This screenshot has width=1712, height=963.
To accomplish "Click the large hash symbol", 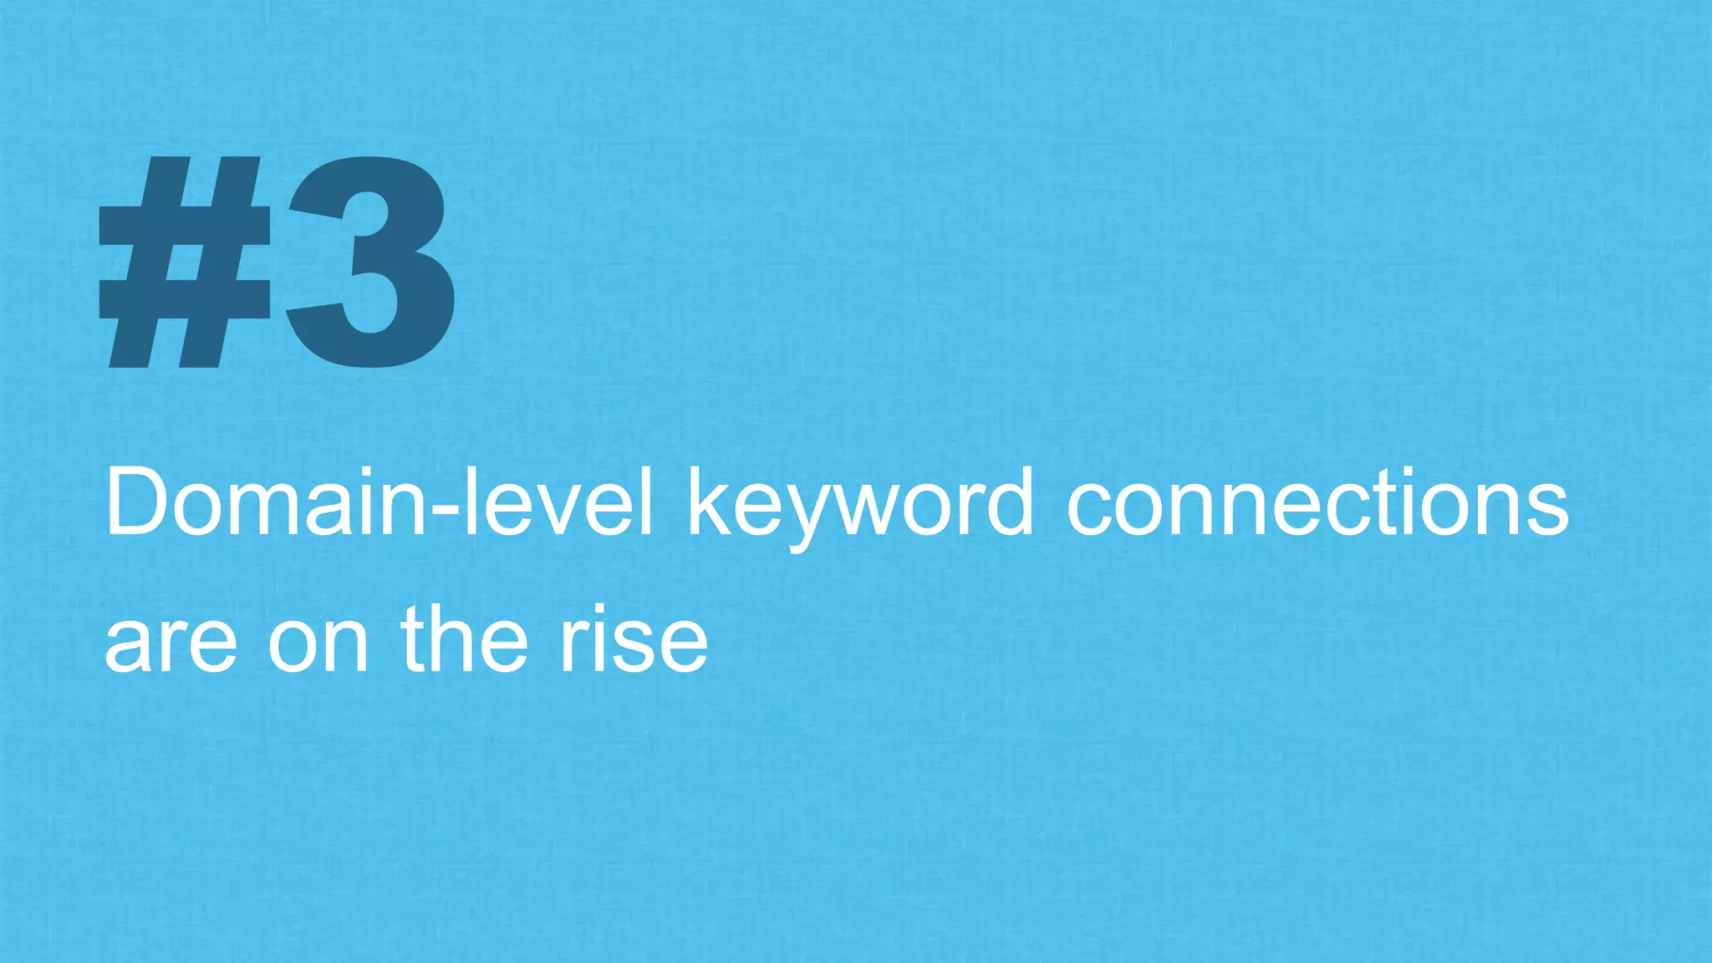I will click(186, 263).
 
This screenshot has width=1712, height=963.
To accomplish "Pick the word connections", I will click(1317, 503).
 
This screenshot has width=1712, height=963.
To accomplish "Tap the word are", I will click(171, 644).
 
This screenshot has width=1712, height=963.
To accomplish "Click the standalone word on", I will click(318, 644).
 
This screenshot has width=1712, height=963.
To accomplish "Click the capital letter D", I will click(139, 503).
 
